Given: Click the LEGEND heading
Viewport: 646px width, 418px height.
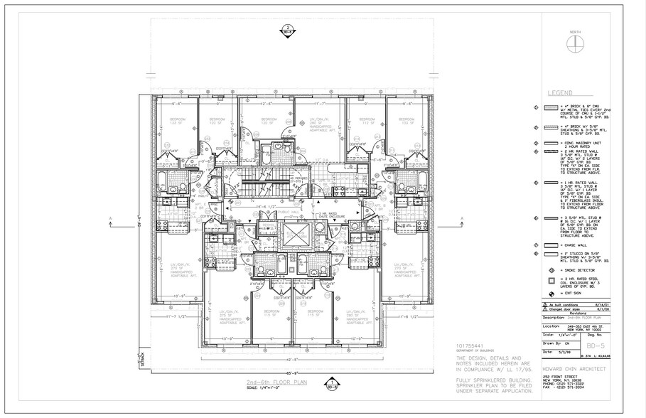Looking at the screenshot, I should click(561, 93).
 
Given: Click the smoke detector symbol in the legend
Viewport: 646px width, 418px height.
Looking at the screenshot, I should click(550, 272).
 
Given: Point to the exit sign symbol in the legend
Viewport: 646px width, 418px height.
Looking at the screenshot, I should click(550, 292).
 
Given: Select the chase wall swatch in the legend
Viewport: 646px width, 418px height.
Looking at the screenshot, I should click(550, 245).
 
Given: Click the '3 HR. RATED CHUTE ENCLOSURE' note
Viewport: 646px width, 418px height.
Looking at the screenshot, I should click(333, 215).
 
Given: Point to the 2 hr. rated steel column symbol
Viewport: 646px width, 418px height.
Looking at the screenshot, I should click(550, 282).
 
